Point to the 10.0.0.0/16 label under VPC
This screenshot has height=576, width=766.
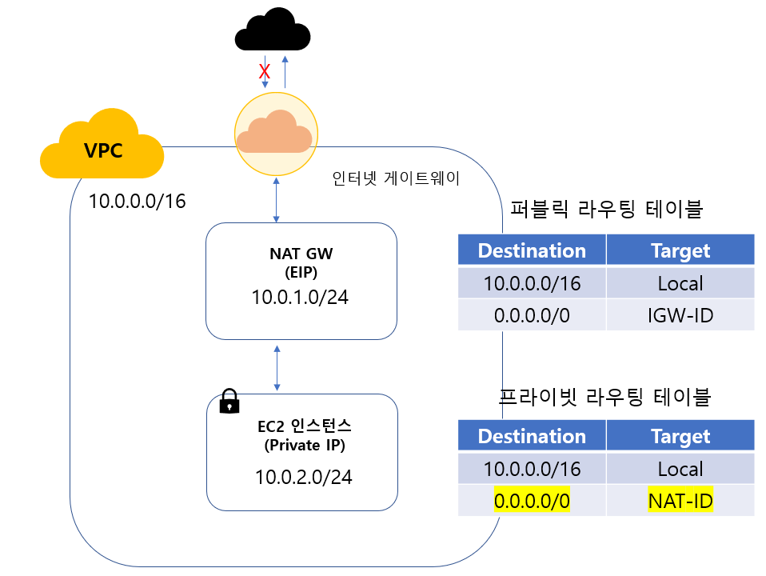pyautogui.click(x=137, y=201)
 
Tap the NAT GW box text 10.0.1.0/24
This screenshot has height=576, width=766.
pyautogui.click(x=301, y=297)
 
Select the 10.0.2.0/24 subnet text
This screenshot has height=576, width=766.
pyautogui.click(x=304, y=478)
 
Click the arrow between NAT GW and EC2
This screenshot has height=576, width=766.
pyautogui.click(x=277, y=367)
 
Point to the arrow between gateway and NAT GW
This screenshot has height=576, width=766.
pyautogui.click(x=276, y=201)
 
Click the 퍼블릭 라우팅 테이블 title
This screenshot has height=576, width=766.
pyautogui.click(x=606, y=210)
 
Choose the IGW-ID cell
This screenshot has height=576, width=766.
pyautogui.click(x=680, y=315)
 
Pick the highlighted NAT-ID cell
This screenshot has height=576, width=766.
pyautogui.click(x=680, y=502)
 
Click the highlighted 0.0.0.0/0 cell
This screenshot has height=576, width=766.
pyautogui.click(x=532, y=502)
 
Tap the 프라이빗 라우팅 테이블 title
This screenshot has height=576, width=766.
pyautogui.click(x=605, y=395)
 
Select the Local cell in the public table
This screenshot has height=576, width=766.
pyautogui.click(x=680, y=283)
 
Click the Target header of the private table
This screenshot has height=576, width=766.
pyautogui.click(x=680, y=436)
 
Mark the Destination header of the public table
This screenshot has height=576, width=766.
pyautogui.click(x=532, y=250)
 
